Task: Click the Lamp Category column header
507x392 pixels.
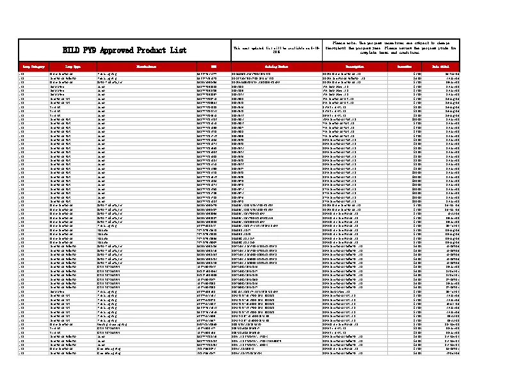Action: [33, 67]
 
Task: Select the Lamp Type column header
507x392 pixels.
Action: [72, 67]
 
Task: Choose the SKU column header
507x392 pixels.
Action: [213, 67]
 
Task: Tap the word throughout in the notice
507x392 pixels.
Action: [339, 47]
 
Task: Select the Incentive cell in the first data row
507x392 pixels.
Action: [417, 74]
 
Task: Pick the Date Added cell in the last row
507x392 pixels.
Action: [452, 353]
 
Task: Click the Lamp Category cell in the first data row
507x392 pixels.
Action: [22, 74]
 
